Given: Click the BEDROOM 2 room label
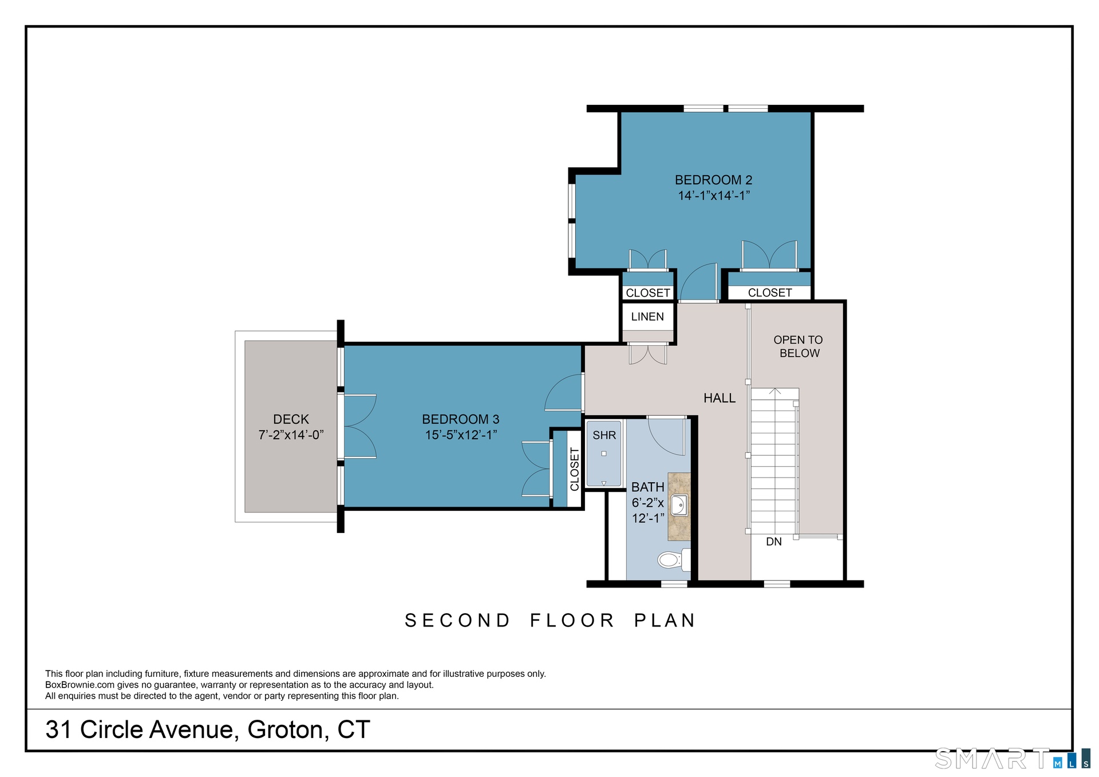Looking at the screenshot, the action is (x=713, y=180).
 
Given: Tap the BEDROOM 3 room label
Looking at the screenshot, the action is (x=461, y=419).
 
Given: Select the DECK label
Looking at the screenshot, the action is (x=291, y=419).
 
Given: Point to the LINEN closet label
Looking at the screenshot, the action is (x=647, y=317).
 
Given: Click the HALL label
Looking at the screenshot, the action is (x=720, y=398).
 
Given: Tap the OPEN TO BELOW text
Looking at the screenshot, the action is (x=798, y=346).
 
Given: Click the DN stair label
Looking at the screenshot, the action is (x=774, y=542).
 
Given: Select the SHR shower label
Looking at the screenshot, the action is (x=604, y=435).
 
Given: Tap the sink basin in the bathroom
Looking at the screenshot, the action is (x=679, y=506).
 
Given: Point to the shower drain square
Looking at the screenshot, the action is (x=604, y=453).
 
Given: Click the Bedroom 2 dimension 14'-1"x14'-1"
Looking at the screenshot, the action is (x=714, y=196).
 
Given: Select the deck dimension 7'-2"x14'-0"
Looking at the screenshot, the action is (x=291, y=435).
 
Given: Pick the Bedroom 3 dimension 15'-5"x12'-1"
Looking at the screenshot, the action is (x=461, y=435).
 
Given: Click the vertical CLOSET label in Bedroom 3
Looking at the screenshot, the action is (x=575, y=469).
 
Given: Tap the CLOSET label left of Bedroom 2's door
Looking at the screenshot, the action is (x=648, y=293).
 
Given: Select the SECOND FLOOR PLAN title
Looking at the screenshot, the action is (x=550, y=621).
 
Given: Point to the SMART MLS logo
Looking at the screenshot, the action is (x=1013, y=759).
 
